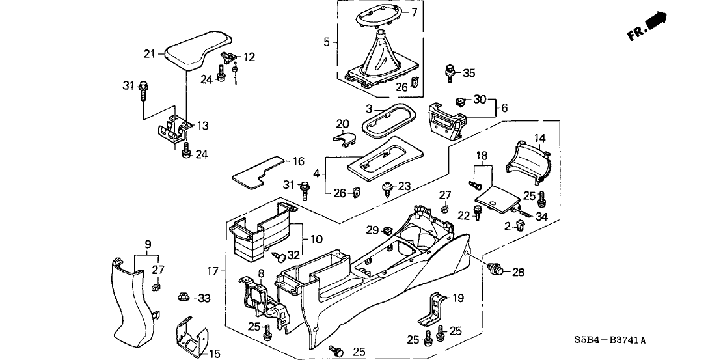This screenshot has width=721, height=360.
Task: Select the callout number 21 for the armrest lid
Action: (x=150, y=53)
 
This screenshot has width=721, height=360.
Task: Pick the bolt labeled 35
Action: (x=449, y=74)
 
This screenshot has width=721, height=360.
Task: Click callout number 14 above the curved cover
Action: (x=539, y=138)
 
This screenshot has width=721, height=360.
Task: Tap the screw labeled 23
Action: (x=388, y=187)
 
